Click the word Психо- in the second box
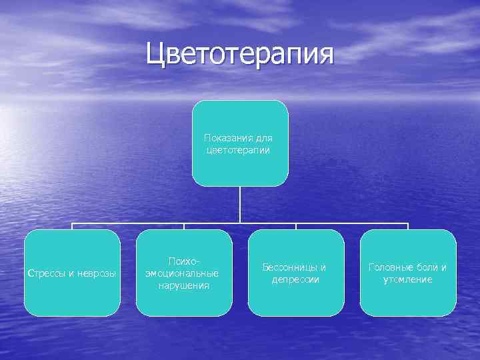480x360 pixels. tap(184, 261)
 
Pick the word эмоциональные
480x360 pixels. tap(184, 273)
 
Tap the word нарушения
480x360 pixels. tap(184, 285)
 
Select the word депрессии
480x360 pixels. tap(295, 279)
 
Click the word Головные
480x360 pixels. tap(391, 267)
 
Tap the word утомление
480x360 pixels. tap(407, 279)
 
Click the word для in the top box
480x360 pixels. tap(263, 138)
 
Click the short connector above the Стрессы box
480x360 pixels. tap(72, 226)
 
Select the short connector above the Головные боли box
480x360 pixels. tap(407, 226)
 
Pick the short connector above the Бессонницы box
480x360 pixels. tap(296, 226)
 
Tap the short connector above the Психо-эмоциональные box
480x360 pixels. tap(184, 226)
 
